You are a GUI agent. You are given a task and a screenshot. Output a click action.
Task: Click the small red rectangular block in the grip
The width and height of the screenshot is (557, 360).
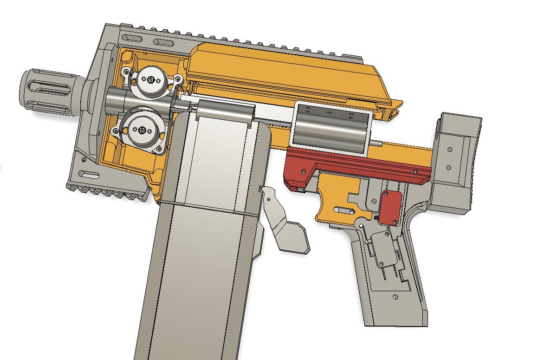point(390,206)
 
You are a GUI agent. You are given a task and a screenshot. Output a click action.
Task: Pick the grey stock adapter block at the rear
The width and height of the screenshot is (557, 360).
point(457,158)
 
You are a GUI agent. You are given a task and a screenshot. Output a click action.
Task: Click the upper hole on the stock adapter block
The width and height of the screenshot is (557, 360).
point(449,150)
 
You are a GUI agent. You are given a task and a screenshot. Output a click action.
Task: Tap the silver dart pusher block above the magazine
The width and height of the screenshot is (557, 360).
point(225,112)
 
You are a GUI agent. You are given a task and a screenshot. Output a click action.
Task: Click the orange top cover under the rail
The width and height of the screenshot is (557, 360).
point(288,74)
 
